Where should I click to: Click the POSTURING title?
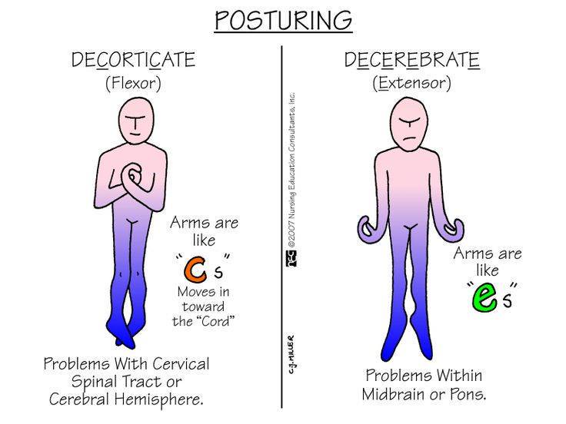point(282,21)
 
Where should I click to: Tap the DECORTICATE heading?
point(133,60)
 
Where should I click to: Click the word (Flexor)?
point(133,84)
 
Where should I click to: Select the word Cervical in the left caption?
point(178,363)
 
